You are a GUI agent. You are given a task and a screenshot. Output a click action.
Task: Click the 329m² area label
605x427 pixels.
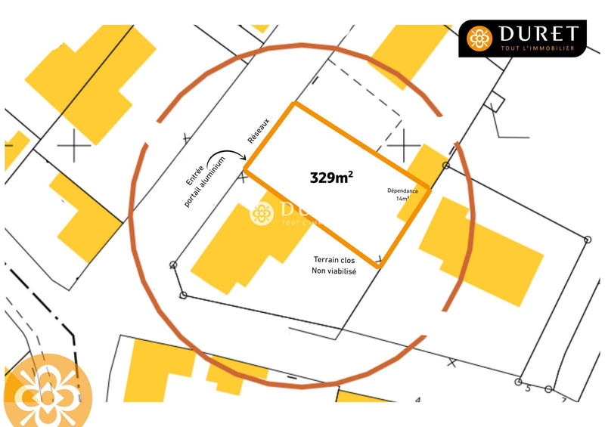click(331, 178)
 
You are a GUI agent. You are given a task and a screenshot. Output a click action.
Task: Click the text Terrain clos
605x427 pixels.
click(334, 259)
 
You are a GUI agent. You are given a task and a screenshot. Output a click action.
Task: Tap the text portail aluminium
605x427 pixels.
click(205, 183)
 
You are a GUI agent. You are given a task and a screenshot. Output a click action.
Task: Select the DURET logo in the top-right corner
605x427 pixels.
click(523, 39)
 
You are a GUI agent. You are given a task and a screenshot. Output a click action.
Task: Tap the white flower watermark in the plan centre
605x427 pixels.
click(262, 214)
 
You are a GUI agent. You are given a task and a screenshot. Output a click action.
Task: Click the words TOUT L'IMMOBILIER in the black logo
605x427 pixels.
click(538, 48)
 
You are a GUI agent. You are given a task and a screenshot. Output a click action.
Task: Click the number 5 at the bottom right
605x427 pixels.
click(527, 388)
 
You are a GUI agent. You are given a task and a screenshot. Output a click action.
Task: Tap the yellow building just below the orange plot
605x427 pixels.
click(234, 246)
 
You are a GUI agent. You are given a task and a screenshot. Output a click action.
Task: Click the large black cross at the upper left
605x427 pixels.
click(76, 144)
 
